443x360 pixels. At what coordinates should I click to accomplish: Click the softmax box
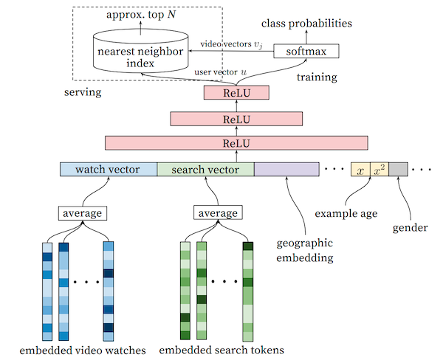click(x=305, y=51)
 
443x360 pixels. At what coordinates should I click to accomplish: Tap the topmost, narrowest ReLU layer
click(x=236, y=93)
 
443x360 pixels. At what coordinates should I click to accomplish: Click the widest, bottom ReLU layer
click(x=236, y=143)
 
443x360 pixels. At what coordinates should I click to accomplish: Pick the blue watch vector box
click(x=109, y=169)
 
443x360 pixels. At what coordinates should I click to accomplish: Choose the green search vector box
click(x=205, y=169)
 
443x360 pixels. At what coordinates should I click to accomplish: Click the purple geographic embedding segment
click(x=286, y=169)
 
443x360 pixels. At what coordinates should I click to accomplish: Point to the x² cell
click(x=379, y=169)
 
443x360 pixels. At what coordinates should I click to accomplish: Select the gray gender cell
click(x=398, y=169)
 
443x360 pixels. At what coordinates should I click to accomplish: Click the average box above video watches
click(x=82, y=213)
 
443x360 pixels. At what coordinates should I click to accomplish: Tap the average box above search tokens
click(x=218, y=213)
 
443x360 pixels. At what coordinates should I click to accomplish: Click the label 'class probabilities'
click(x=313, y=24)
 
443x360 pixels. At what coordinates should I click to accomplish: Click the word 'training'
click(x=317, y=76)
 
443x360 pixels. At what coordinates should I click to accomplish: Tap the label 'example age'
click(x=346, y=213)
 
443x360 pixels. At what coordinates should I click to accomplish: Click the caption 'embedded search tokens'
click(x=221, y=349)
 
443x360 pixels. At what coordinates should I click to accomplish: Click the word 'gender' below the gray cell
click(x=411, y=227)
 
